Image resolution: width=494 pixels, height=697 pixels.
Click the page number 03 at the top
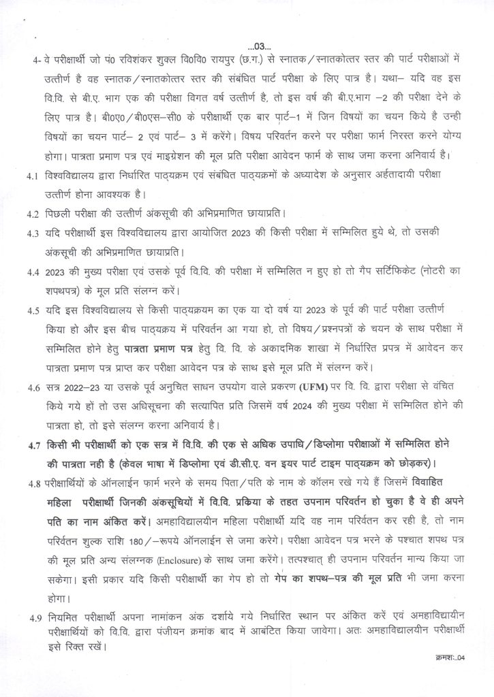click(260, 46)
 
